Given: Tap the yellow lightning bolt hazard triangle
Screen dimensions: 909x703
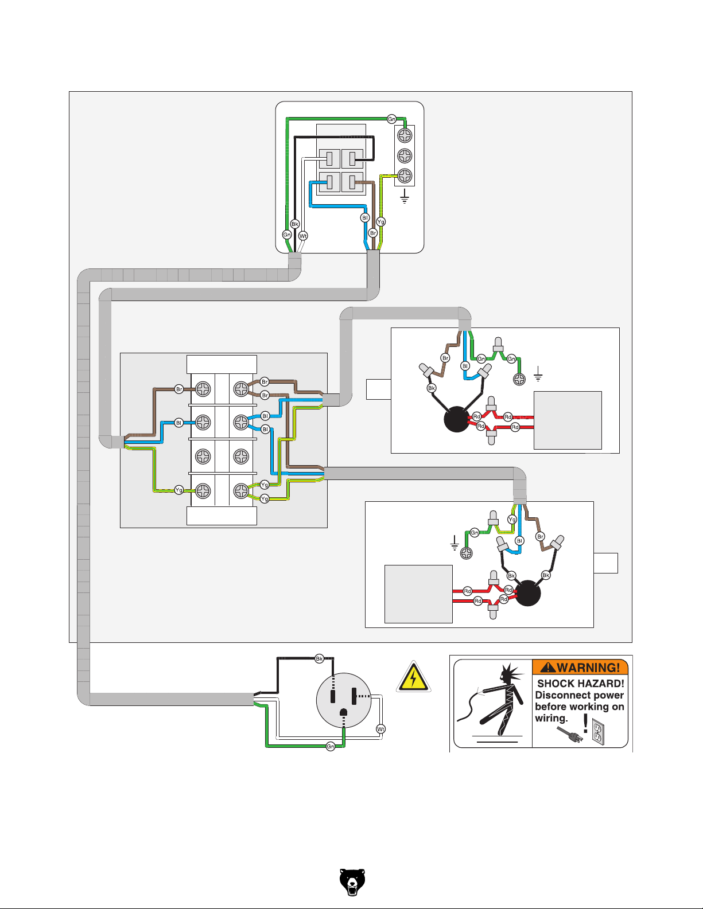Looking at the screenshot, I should (413, 678).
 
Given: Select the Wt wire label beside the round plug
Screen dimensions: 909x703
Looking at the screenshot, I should (380, 729).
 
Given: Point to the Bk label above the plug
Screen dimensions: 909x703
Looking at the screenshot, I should (320, 658).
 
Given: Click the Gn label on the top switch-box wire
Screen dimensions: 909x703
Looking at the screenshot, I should (391, 119).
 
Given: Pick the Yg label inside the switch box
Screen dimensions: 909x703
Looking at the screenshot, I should (380, 222).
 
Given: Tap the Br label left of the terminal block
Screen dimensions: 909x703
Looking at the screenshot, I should (179, 389).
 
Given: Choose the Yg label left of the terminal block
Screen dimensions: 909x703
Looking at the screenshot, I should (179, 490).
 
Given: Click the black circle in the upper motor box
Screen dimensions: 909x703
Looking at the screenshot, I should (457, 419).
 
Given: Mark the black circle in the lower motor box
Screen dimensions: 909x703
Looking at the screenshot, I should (528, 593).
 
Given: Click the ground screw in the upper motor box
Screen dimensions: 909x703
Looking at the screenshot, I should (519, 379).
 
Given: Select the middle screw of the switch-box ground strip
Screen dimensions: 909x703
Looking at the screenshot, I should (405, 155).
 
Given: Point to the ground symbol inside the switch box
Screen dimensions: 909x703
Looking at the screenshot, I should (405, 198).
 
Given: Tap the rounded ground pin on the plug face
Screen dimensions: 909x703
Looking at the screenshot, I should (344, 713).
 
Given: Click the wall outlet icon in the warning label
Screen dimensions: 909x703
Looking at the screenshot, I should (598, 733).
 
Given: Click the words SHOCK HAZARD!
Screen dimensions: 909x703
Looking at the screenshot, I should (580, 684).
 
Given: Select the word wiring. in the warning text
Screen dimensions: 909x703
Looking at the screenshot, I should (551, 718).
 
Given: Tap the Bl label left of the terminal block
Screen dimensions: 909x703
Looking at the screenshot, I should (179, 423).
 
